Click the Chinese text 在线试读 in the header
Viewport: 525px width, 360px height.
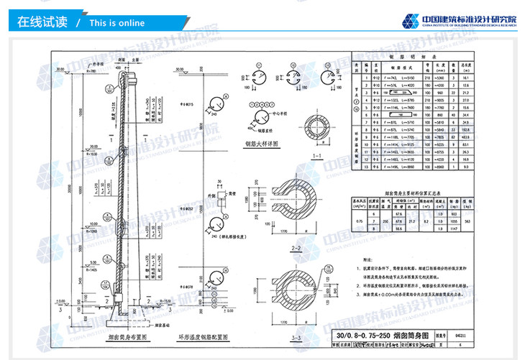coord(41,22)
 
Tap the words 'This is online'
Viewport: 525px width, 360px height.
coord(117,23)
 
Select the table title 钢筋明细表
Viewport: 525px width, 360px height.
coord(424,55)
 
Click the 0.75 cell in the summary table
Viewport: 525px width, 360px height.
coord(360,221)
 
